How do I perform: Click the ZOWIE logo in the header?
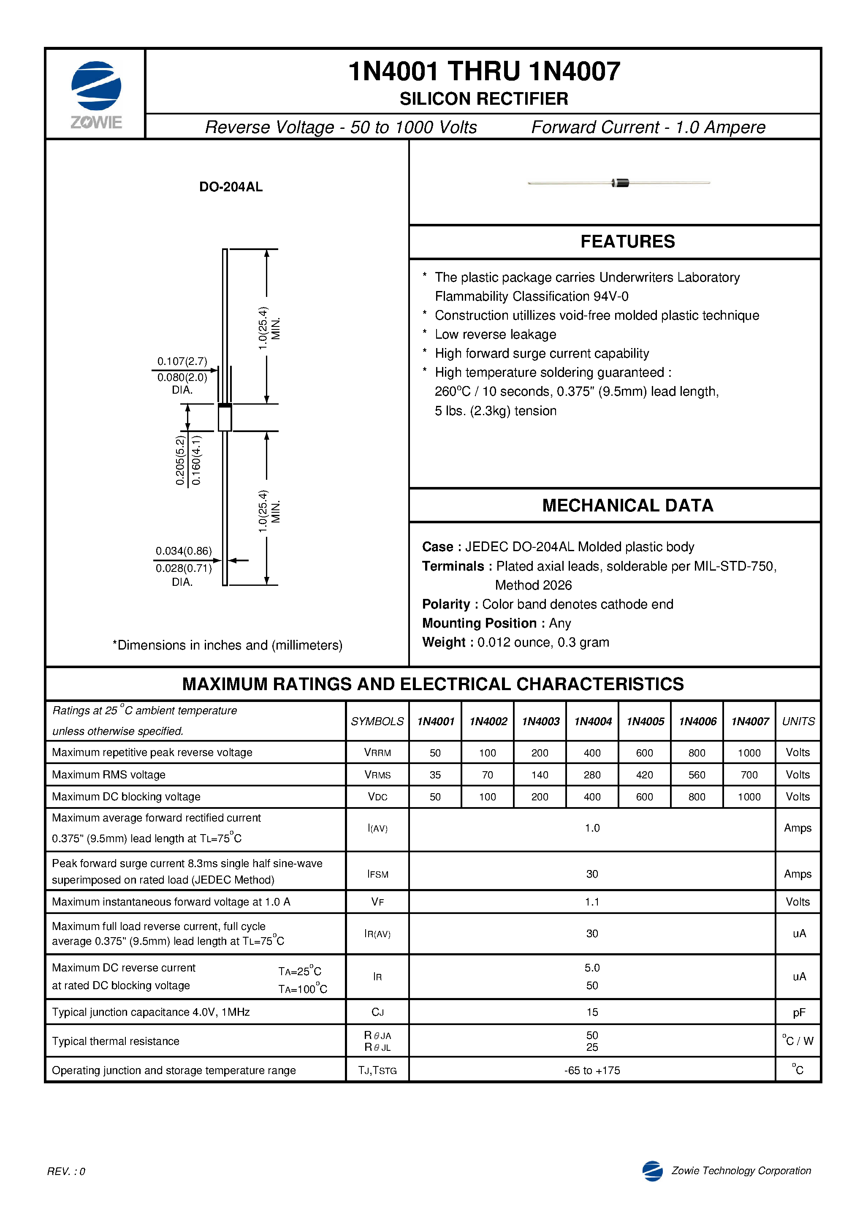point(96,93)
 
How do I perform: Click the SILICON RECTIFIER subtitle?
point(483,99)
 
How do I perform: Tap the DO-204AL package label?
point(231,187)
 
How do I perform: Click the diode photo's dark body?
point(621,183)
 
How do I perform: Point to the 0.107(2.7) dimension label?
point(182,361)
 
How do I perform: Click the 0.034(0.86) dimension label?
point(184,551)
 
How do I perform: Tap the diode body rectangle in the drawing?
point(225,418)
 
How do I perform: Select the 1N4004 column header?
point(592,721)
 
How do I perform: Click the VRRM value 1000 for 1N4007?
point(749,753)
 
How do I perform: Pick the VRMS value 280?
point(592,775)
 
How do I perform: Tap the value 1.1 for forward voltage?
point(592,902)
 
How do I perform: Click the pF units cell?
point(798,1012)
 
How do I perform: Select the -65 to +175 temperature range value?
point(592,1071)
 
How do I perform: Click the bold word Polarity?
point(445,604)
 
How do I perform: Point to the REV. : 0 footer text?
point(66,1171)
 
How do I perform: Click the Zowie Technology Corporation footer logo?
point(652,1171)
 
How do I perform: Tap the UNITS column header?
point(798,721)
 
